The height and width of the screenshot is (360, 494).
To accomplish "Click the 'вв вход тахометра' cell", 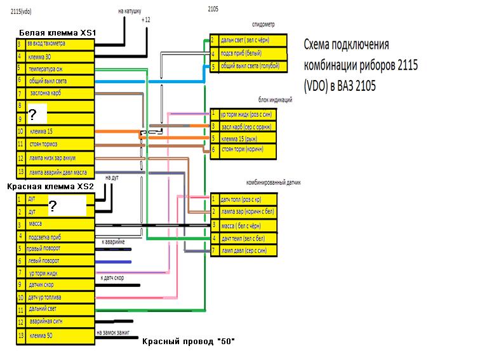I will (x=56, y=44).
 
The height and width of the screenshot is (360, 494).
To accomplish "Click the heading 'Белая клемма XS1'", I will (x=58, y=32).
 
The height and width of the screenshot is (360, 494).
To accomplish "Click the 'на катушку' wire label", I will (x=131, y=11).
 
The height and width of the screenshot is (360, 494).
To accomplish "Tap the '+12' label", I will (x=146, y=21).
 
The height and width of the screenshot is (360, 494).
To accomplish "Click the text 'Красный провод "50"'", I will (x=188, y=342).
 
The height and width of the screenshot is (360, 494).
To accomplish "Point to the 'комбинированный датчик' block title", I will (x=273, y=182).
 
